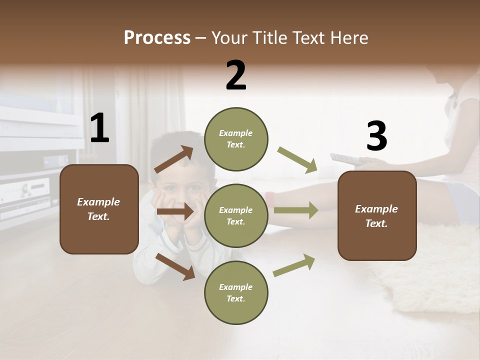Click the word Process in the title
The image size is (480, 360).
coord(157,37)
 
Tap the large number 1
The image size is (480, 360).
coord(99,128)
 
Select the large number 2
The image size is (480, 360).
coord(236,75)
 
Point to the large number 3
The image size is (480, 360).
coord(376,136)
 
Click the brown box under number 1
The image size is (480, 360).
coord(99,209)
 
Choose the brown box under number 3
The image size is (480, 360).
coord(377,215)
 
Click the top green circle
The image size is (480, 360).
coord(236,139)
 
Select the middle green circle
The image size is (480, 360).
coord(236,215)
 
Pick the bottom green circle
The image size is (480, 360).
coord(236,292)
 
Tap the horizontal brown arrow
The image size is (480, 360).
coord(175,212)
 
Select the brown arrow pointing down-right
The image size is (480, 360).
coord(175,266)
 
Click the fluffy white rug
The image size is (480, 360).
coord(430,270)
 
